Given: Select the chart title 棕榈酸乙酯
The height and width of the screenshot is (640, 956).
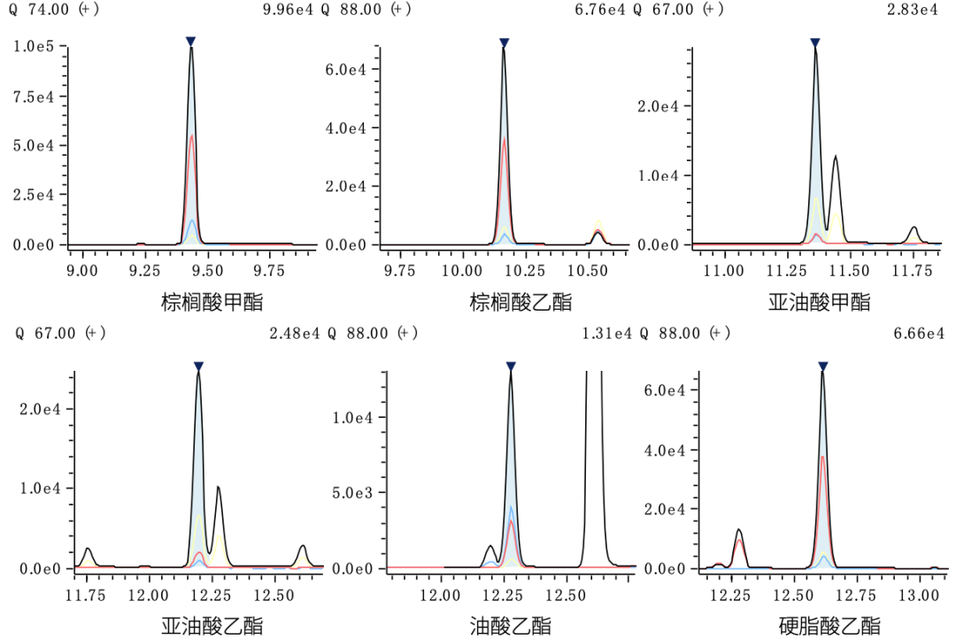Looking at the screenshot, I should tap(520, 303).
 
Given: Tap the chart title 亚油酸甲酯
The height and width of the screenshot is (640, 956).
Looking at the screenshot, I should tap(819, 303).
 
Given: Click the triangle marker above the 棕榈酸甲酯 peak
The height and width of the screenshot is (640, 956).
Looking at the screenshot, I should tap(190, 42).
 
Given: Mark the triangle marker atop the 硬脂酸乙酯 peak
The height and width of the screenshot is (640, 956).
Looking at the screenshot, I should tap(822, 366).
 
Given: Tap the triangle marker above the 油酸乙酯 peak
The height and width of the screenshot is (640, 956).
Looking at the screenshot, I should tap(511, 366).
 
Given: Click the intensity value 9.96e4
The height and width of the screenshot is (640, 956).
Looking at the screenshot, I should tap(289, 10).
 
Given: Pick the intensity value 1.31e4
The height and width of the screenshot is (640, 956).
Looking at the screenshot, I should tap(607, 334).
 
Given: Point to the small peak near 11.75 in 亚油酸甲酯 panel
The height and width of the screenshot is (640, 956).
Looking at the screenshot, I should tap(914, 232).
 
